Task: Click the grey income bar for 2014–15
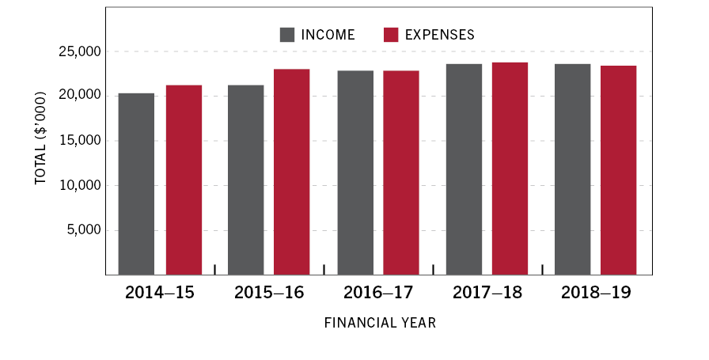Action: point(136,184)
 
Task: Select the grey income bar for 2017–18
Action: point(464,169)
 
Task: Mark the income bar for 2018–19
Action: point(572,169)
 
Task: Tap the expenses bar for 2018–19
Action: point(618,170)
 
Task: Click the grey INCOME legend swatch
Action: point(287,35)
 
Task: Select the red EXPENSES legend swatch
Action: point(391,35)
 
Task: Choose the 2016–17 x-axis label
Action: point(378,293)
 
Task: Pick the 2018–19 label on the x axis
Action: point(596,293)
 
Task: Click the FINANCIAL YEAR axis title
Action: point(380,324)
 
